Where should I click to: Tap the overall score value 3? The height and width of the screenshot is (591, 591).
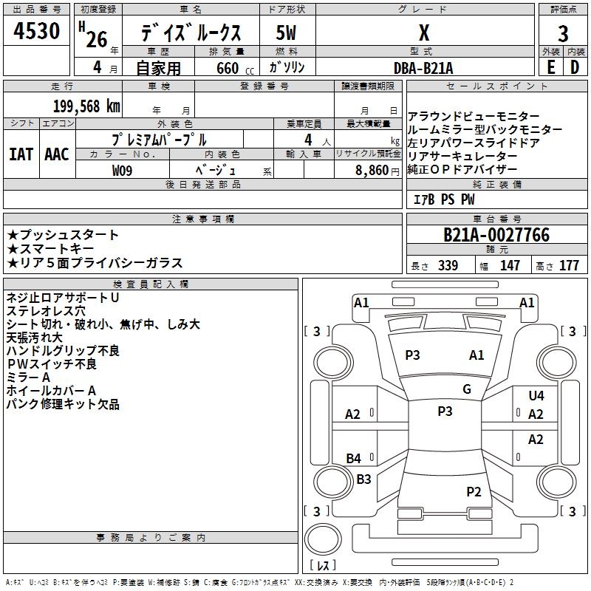tap(563, 34)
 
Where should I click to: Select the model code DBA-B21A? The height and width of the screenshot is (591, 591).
tap(423, 67)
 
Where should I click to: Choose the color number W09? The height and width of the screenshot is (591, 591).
tap(123, 170)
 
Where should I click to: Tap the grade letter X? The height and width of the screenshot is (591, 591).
tap(423, 34)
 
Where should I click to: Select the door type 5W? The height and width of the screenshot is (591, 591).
tap(287, 34)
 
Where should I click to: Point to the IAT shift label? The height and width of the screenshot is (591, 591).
tap(21, 154)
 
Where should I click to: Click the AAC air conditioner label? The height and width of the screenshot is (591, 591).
tap(57, 154)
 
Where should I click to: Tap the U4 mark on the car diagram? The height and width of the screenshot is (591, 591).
tap(536, 396)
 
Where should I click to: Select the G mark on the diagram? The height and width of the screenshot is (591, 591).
tap(467, 389)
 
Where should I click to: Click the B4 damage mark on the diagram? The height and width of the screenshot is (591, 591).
tap(354, 459)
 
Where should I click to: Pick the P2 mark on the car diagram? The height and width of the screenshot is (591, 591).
tap(474, 491)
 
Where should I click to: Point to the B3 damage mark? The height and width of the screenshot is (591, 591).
tap(363, 479)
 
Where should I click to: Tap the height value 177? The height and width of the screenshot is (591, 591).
tap(570, 266)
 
